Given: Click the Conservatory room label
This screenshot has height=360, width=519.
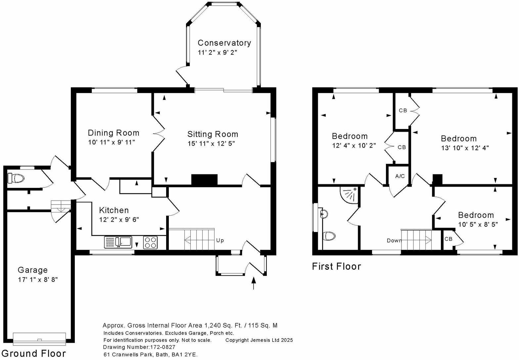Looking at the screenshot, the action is [x=224, y=43].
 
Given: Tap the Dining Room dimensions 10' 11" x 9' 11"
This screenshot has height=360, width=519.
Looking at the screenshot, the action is [x=112, y=142].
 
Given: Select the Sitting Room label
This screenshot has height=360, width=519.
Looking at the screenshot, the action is [x=213, y=134].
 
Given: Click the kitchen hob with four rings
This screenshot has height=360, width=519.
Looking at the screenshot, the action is [x=150, y=242].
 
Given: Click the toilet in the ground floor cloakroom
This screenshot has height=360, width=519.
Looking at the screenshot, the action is [x=16, y=179].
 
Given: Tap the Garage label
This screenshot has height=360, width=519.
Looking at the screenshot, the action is [x=33, y=270].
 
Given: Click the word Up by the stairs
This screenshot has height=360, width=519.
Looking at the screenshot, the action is [x=220, y=241].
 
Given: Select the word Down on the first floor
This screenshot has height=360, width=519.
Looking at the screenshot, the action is [x=394, y=241].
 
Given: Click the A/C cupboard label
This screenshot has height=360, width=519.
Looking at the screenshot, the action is [x=400, y=176].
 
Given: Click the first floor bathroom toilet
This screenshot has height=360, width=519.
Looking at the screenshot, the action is [x=329, y=236].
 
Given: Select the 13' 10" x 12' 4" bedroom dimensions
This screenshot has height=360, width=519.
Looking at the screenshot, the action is [x=465, y=148].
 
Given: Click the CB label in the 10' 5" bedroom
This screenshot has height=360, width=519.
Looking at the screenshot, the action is [x=448, y=239].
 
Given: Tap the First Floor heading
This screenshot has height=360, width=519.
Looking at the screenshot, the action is [x=336, y=267].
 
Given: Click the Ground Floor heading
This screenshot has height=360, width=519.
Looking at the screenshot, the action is [x=34, y=353].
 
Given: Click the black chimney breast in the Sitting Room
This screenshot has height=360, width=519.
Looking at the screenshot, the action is [x=204, y=180].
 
